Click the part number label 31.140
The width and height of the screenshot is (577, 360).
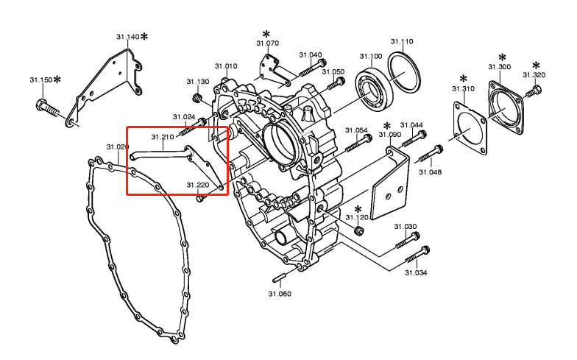(x=127, y=37)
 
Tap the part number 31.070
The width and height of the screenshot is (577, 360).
(x=268, y=43)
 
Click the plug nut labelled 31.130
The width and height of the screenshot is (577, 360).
(x=197, y=98)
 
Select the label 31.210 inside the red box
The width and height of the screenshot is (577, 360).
(x=163, y=137)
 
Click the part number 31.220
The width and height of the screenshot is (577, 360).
(x=198, y=185)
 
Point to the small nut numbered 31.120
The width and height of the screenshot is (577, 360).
(x=358, y=231)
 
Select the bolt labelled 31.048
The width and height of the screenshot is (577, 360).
(x=430, y=155)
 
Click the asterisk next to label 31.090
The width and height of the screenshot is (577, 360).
(x=387, y=125)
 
